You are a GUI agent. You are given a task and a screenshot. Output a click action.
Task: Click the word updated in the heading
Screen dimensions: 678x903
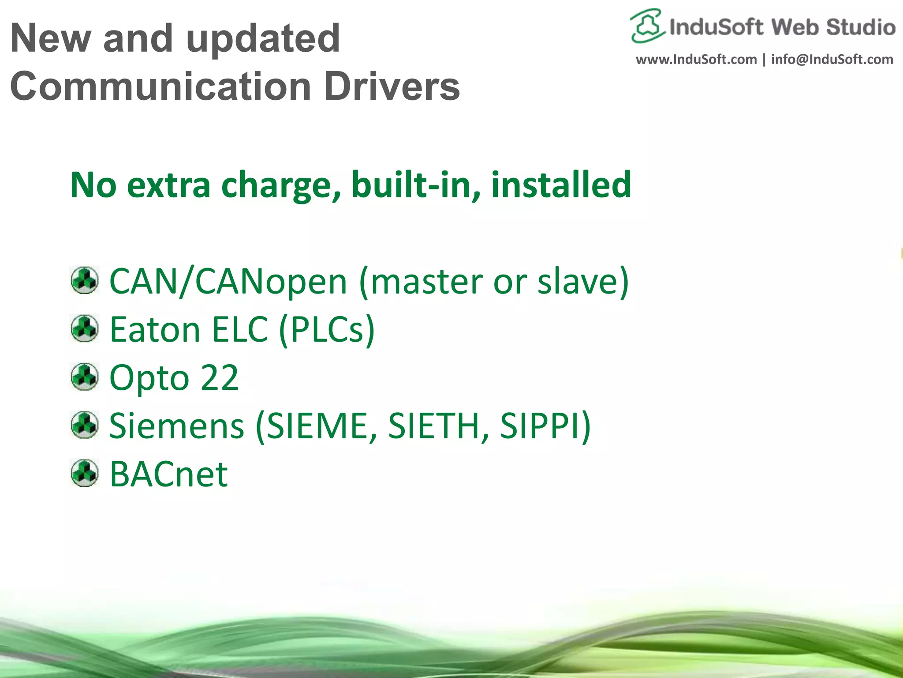click(263, 39)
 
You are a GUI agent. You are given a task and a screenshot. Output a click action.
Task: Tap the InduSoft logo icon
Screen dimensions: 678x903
click(646, 26)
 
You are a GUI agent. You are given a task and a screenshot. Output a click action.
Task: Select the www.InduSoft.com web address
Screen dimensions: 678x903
click(696, 59)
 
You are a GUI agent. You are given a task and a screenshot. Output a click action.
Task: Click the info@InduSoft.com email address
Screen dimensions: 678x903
click(832, 59)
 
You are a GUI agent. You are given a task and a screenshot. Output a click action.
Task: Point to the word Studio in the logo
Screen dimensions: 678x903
click(861, 27)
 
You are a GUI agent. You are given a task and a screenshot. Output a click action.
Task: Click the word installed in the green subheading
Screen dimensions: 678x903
click(561, 185)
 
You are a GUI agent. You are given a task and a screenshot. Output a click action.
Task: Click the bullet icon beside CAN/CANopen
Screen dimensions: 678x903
click(84, 280)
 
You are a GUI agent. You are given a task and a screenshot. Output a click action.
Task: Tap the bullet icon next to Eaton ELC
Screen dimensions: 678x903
click(84, 328)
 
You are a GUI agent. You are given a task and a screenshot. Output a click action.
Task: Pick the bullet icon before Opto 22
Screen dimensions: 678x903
click(84, 377)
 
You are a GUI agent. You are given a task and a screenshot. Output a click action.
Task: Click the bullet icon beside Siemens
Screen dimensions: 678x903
click(84, 425)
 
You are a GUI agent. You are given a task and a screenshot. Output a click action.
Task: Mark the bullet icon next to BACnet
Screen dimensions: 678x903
click(84, 473)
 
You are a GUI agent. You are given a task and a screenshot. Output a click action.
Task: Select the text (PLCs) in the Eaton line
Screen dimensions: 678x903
click(326, 329)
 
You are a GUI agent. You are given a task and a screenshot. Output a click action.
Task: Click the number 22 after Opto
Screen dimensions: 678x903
click(219, 378)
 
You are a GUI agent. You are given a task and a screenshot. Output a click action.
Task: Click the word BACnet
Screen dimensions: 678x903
click(168, 474)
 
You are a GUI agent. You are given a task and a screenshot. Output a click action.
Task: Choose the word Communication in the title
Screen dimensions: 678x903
click(160, 86)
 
